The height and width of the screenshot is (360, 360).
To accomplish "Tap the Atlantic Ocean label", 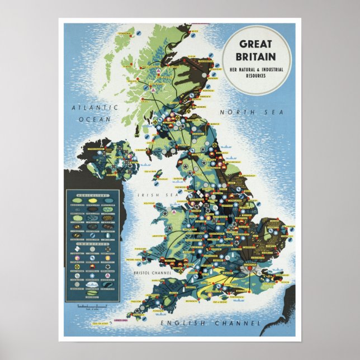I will point(98,112).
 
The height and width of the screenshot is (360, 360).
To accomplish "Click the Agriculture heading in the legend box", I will point(89,193).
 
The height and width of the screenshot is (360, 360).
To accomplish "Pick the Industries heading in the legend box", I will point(89,243).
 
